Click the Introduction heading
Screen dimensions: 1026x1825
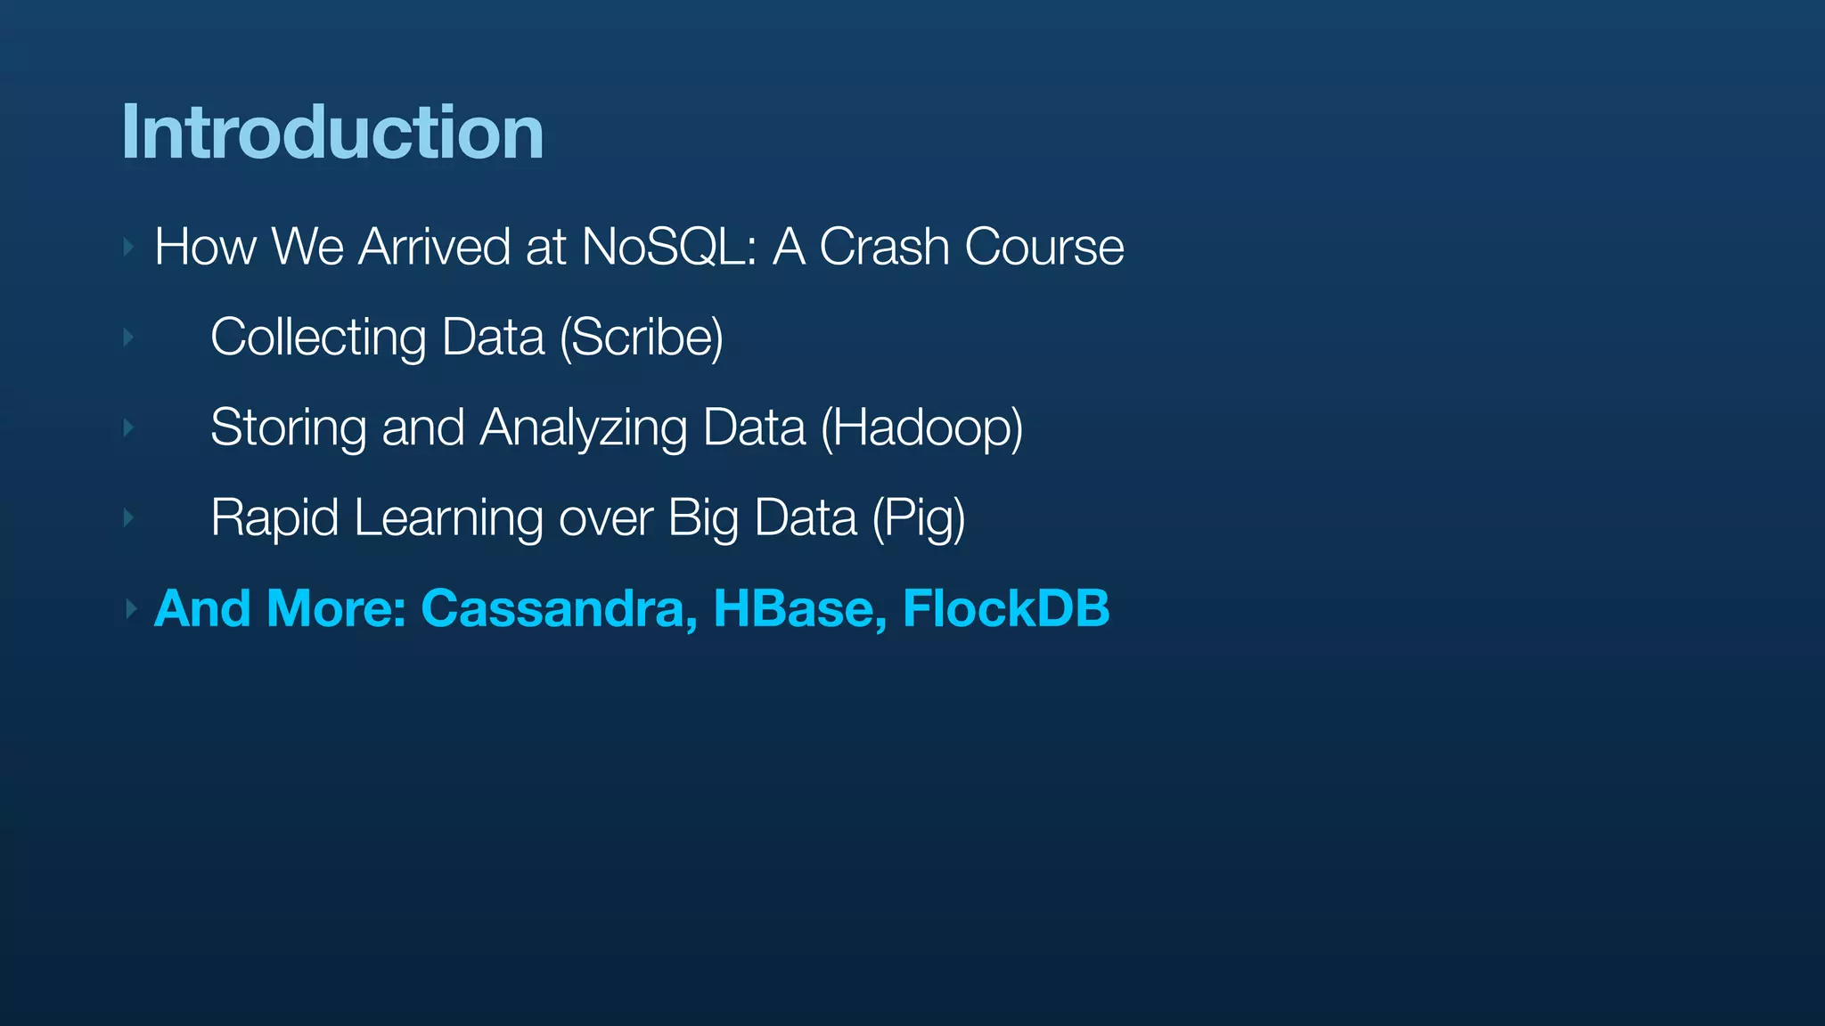click(x=331, y=134)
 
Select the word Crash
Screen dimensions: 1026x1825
click(x=883, y=247)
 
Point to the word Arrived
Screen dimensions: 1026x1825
click(x=434, y=247)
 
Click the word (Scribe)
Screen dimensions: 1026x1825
click(x=642, y=338)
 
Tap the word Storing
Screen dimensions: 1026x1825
click(x=288, y=427)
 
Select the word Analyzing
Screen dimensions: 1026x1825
click(x=584, y=427)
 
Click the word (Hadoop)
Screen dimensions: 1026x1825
click(x=921, y=427)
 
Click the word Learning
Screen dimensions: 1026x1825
click(x=448, y=517)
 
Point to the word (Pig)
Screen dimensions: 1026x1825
click(x=918, y=517)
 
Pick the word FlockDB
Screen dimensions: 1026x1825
click(x=1005, y=608)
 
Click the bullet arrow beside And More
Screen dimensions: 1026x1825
click(x=130, y=609)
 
